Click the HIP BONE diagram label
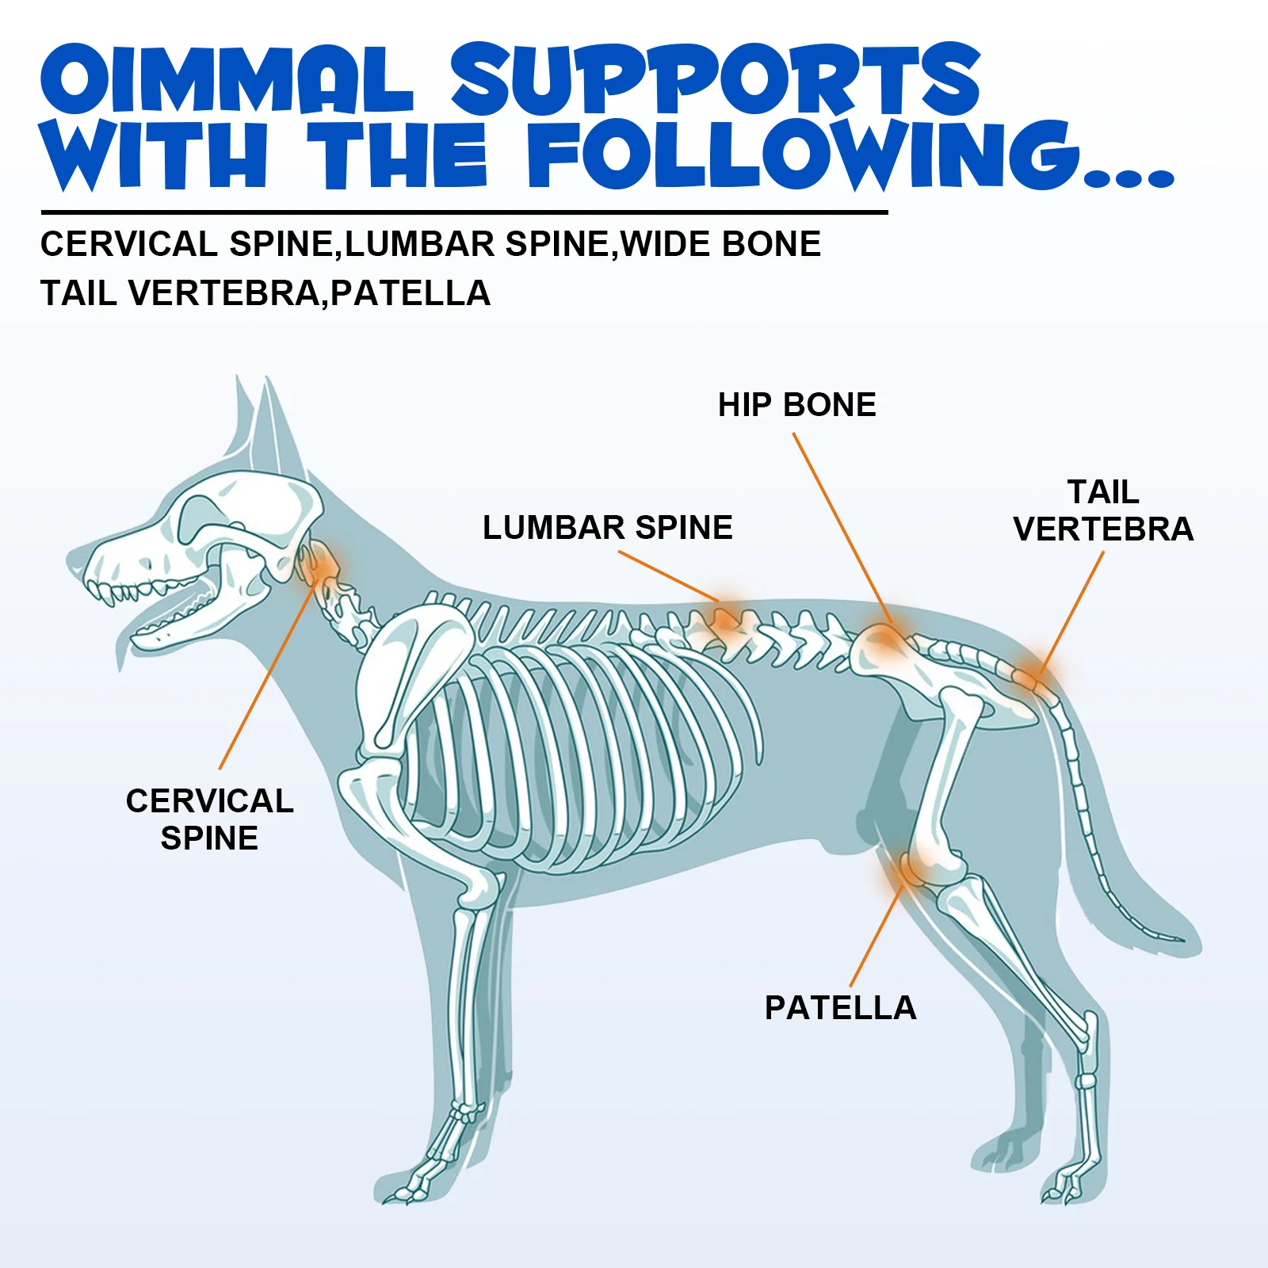[x=796, y=405]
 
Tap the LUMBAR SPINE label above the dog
[x=608, y=528]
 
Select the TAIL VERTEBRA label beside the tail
[x=1103, y=511]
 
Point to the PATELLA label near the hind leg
[x=840, y=1008]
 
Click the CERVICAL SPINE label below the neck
[x=210, y=819]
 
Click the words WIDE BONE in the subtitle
[x=721, y=244]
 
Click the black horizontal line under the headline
[x=464, y=212]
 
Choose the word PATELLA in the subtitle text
[x=411, y=293]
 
